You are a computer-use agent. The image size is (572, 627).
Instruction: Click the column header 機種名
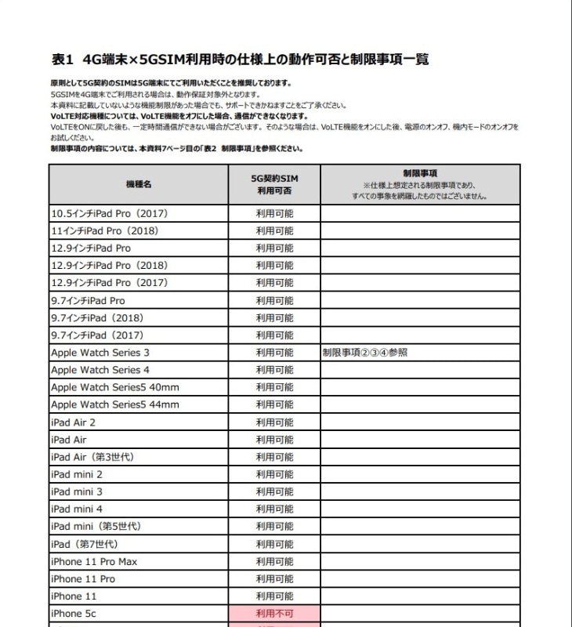click(x=139, y=184)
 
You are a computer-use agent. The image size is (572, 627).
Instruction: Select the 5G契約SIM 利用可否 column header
click(x=274, y=184)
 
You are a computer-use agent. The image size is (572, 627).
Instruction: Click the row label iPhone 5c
click(x=73, y=614)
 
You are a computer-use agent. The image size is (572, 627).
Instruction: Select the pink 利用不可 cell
click(x=274, y=614)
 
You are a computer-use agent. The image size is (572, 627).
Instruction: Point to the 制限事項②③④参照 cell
click(x=365, y=353)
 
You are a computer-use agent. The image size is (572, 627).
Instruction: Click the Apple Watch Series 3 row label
click(x=100, y=353)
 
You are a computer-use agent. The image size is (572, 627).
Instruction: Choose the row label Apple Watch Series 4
click(x=100, y=370)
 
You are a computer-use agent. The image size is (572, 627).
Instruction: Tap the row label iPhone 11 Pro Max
click(x=94, y=561)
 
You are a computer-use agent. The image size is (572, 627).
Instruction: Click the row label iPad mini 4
click(x=77, y=509)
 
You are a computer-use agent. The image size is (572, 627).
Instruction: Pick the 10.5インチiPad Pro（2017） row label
click(x=110, y=213)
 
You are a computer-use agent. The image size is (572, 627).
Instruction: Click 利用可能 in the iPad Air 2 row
click(x=274, y=422)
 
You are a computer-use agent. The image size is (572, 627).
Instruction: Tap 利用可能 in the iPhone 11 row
click(x=274, y=596)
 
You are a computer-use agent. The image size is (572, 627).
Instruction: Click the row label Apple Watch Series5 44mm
click(x=115, y=404)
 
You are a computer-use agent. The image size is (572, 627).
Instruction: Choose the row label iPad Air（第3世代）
click(x=91, y=457)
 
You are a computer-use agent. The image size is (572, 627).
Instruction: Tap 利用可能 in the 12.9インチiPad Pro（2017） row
click(x=274, y=283)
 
